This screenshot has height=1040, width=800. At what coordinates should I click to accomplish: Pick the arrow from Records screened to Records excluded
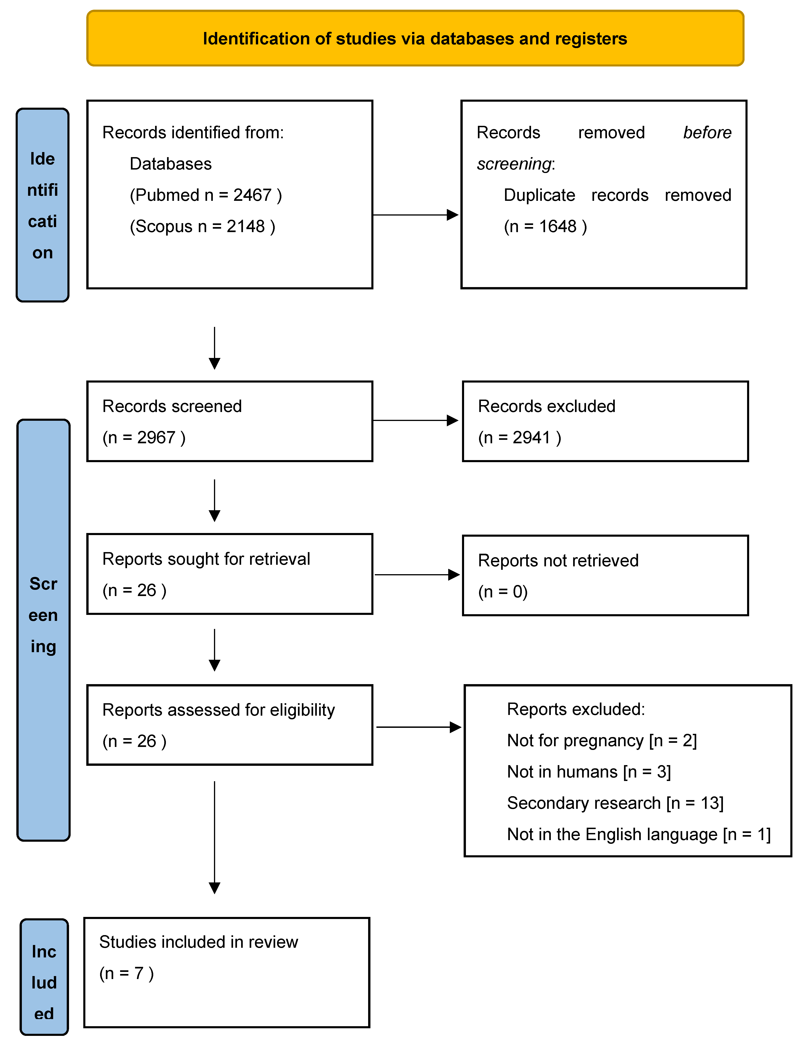click(x=415, y=420)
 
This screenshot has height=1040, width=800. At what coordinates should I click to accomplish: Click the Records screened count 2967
click(x=156, y=438)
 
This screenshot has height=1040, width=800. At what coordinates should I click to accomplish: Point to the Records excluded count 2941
click(x=531, y=438)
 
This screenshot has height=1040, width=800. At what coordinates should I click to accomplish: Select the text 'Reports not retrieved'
click(x=558, y=561)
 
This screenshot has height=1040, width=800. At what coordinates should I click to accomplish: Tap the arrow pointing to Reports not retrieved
click(x=417, y=575)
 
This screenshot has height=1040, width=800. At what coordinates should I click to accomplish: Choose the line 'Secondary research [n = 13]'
click(x=615, y=803)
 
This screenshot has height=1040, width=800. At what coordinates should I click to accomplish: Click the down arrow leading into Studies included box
click(x=215, y=838)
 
